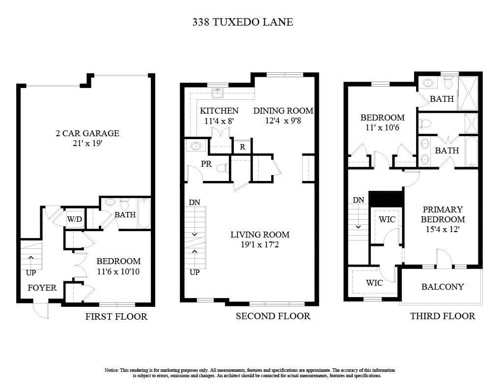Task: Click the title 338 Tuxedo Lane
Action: tap(242, 22)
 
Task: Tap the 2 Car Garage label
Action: tap(86, 133)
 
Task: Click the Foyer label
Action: tap(42, 288)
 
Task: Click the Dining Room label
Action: tap(283, 111)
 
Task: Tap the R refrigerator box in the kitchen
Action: tap(242, 147)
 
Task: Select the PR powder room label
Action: tap(206, 164)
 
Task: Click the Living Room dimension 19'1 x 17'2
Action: tap(260, 244)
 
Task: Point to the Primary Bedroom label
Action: tap(443, 214)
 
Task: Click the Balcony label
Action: tap(442, 287)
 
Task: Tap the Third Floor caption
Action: tap(443, 316)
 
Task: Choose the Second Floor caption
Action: tap(273, 316)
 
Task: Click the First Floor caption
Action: tap(116, 317)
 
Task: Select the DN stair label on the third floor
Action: tap(359, 200)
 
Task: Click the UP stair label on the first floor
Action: tap(30, 272)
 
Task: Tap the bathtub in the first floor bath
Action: tap(144, 213)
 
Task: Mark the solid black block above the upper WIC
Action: tap(386, 199)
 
